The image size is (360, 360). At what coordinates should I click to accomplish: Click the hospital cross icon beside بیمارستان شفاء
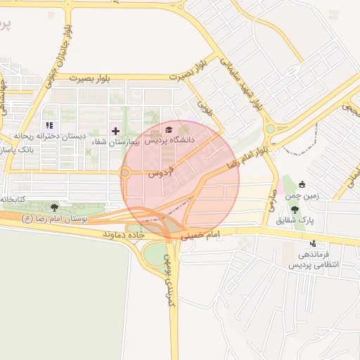coord(116,131)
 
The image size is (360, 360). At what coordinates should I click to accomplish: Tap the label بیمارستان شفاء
coord(116,142)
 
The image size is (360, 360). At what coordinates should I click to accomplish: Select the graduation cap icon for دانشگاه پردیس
coord(168,129)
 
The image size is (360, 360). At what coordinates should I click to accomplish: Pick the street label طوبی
coord(204,108)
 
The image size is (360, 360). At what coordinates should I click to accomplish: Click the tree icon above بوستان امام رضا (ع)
coord(54,207)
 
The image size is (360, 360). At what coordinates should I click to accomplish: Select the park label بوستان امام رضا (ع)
coord(55,219)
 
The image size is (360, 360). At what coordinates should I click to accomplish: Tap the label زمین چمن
coord(303,195)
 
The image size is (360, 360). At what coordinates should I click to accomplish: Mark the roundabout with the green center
coord(270,129)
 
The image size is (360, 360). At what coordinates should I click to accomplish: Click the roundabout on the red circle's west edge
coord(126,173)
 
